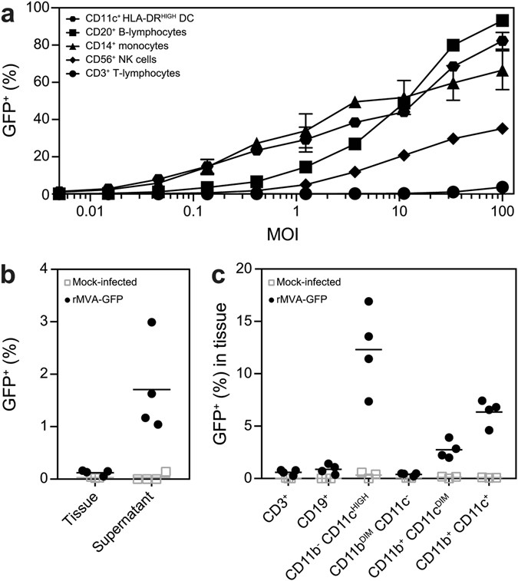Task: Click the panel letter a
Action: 11,12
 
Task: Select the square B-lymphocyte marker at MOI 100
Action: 502,21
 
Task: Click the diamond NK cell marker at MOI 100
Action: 502,128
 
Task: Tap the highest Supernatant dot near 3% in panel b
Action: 152,322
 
